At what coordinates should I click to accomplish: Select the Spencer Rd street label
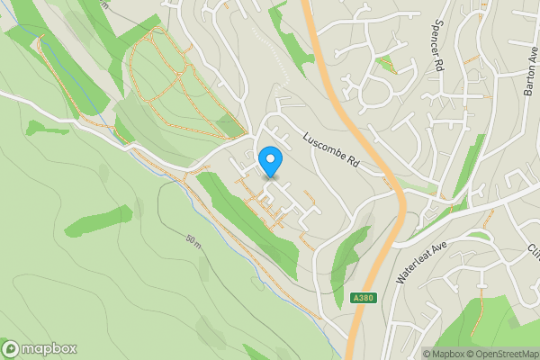[440, 46]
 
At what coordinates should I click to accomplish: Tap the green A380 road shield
[362, 298]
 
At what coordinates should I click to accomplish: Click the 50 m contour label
[193, 241]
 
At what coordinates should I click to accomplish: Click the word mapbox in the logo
[49, 349]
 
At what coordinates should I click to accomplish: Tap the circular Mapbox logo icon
[11, 349]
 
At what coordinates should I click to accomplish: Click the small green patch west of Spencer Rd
[387, 63]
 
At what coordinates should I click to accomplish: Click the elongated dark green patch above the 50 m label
[99, 220]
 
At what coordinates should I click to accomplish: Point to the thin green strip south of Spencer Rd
[467, 166]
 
